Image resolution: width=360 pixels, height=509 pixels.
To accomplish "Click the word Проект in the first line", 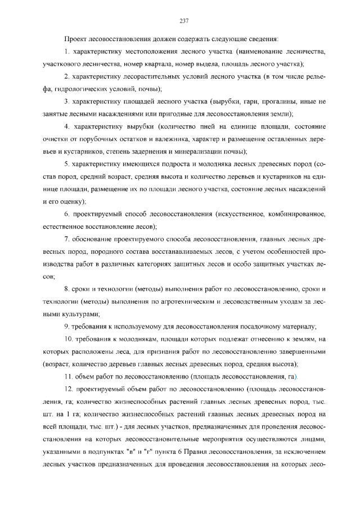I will pos(76,39).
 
